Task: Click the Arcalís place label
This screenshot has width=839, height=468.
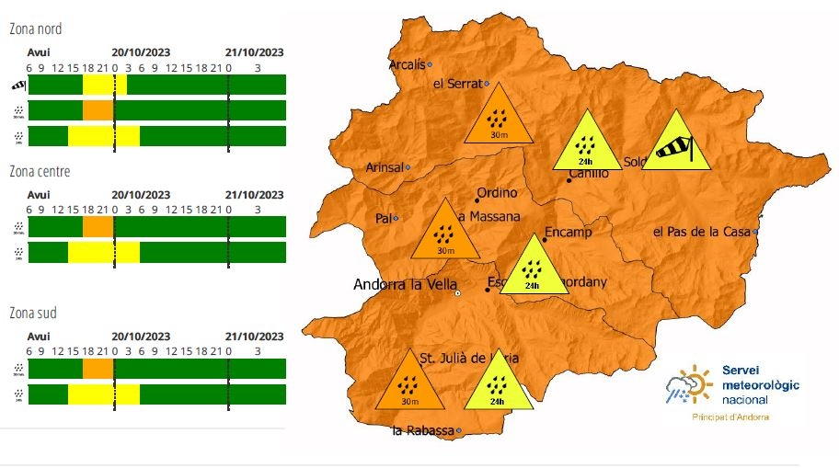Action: coord(408,64)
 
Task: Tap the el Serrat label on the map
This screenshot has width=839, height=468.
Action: coord(457,84)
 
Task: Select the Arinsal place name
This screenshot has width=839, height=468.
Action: coord(385,167)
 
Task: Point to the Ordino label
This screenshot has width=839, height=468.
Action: coord(497,193)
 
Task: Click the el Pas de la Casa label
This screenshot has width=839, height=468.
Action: coord(702,232)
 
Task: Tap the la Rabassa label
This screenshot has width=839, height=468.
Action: coord(423,430)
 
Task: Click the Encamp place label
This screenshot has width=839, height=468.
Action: coord(569,232)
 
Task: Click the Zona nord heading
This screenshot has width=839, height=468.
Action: coord(36,29)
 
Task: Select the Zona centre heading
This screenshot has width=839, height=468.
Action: coord(40,171)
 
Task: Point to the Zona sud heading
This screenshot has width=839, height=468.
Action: coord(33,314)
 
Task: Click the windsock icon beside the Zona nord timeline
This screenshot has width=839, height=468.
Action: coord(18,86)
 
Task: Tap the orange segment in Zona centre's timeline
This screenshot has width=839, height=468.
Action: coord(98,226)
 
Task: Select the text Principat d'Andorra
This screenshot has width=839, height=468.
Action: coord(730,417)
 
